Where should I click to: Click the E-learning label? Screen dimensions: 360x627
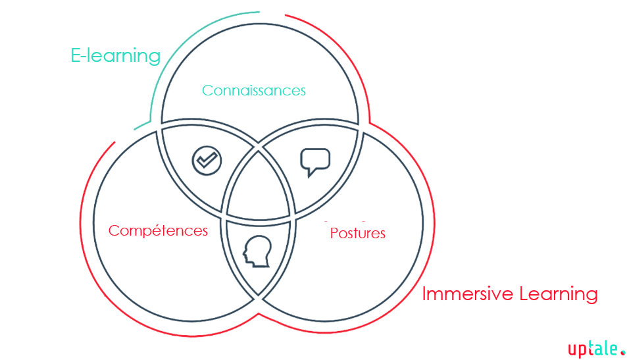click(115, 56)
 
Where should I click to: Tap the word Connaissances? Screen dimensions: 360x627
click(253, 90)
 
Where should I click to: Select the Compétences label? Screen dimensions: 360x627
click(158, 230)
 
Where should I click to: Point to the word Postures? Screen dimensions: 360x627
click(357, 233)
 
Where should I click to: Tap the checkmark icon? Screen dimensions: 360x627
click(207, 160)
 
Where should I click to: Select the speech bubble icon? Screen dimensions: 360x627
click(314, 162)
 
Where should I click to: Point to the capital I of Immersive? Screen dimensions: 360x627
click(424, 294)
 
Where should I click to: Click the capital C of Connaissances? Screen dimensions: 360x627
click(207, 91)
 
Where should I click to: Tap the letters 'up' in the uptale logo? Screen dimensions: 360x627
click(577, 350)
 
